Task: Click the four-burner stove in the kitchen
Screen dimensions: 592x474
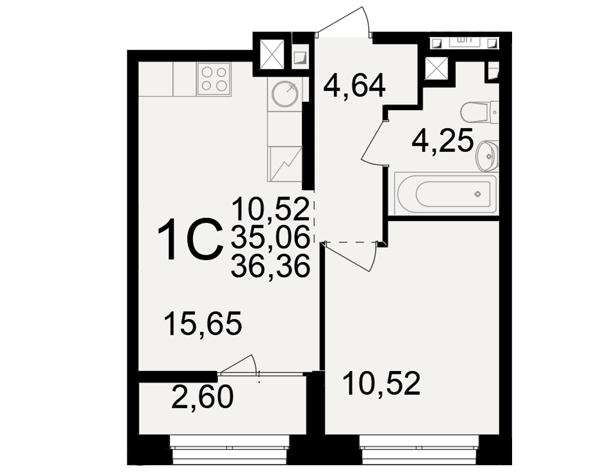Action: [x=214, y=79]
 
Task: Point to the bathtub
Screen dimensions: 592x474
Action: [x=446, y=194]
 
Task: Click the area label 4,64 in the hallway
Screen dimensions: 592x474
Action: [x=355, y=86]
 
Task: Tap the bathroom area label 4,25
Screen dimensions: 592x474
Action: [x=442, y=140]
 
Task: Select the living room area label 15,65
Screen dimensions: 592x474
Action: [x=203, y=324]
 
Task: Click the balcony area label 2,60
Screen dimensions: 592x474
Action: [x=202, y=397]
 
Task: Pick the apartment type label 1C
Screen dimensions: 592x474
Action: [x=189, y=239]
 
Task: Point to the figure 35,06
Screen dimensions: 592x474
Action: [x=271, y=238]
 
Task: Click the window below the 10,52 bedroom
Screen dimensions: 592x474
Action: [x=420, y=450]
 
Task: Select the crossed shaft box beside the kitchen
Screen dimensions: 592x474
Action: [x=272, y=55]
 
